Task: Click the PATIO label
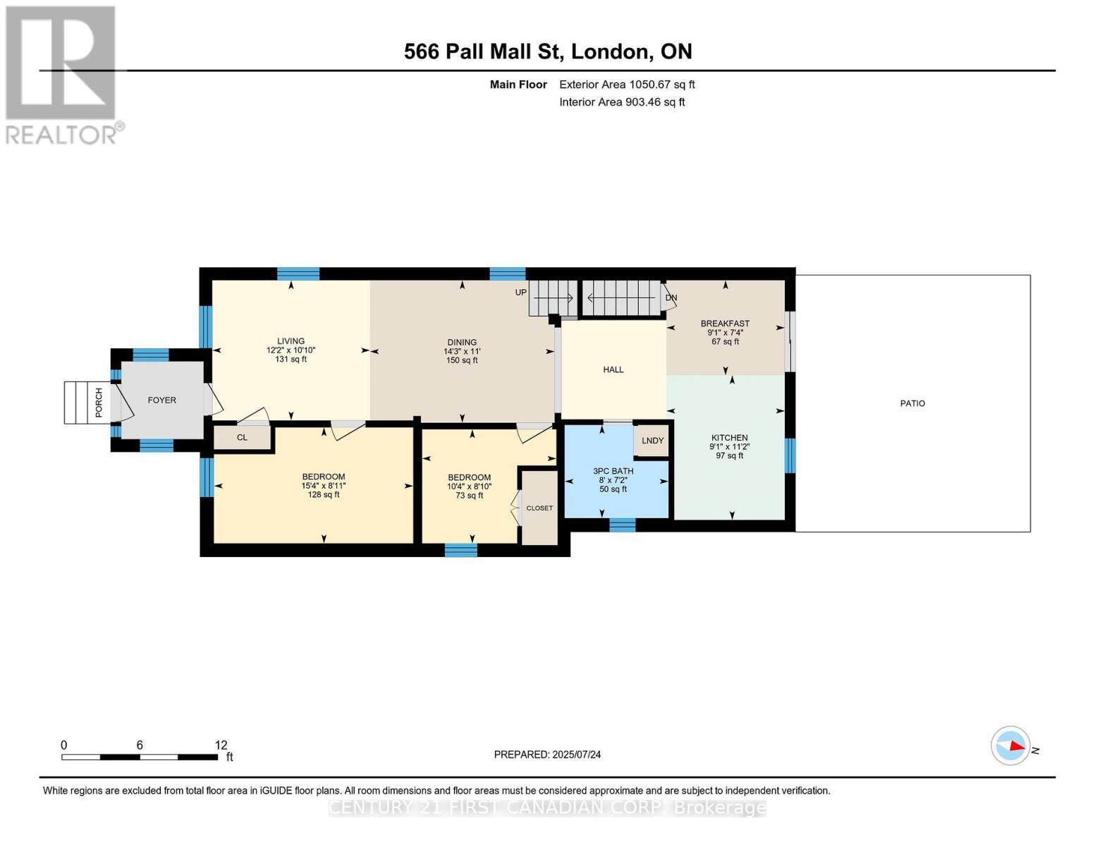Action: click(912, 403)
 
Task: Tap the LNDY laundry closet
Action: click(652, 441)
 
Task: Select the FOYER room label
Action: click(161, 400)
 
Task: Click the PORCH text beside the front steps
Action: click(99, 402)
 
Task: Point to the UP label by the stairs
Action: click(520, 293)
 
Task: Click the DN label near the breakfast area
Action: click(671, 298)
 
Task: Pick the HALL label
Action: click(613, 369)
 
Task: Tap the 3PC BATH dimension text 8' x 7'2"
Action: click(613, 480)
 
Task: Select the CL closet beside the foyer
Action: click(243, 437)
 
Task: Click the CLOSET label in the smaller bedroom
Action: click(539, 508)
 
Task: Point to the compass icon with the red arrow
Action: click(1010, 745)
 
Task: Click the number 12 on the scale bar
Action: click(221, 744)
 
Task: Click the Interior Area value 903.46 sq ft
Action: click(655, 102)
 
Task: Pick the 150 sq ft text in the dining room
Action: click(462, 360)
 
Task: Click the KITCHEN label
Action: click(729, 437)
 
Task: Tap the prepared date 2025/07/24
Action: click(577, 754)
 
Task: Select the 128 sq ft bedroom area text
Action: click(324, 495)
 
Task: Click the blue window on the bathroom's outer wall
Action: click(623, 525)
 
